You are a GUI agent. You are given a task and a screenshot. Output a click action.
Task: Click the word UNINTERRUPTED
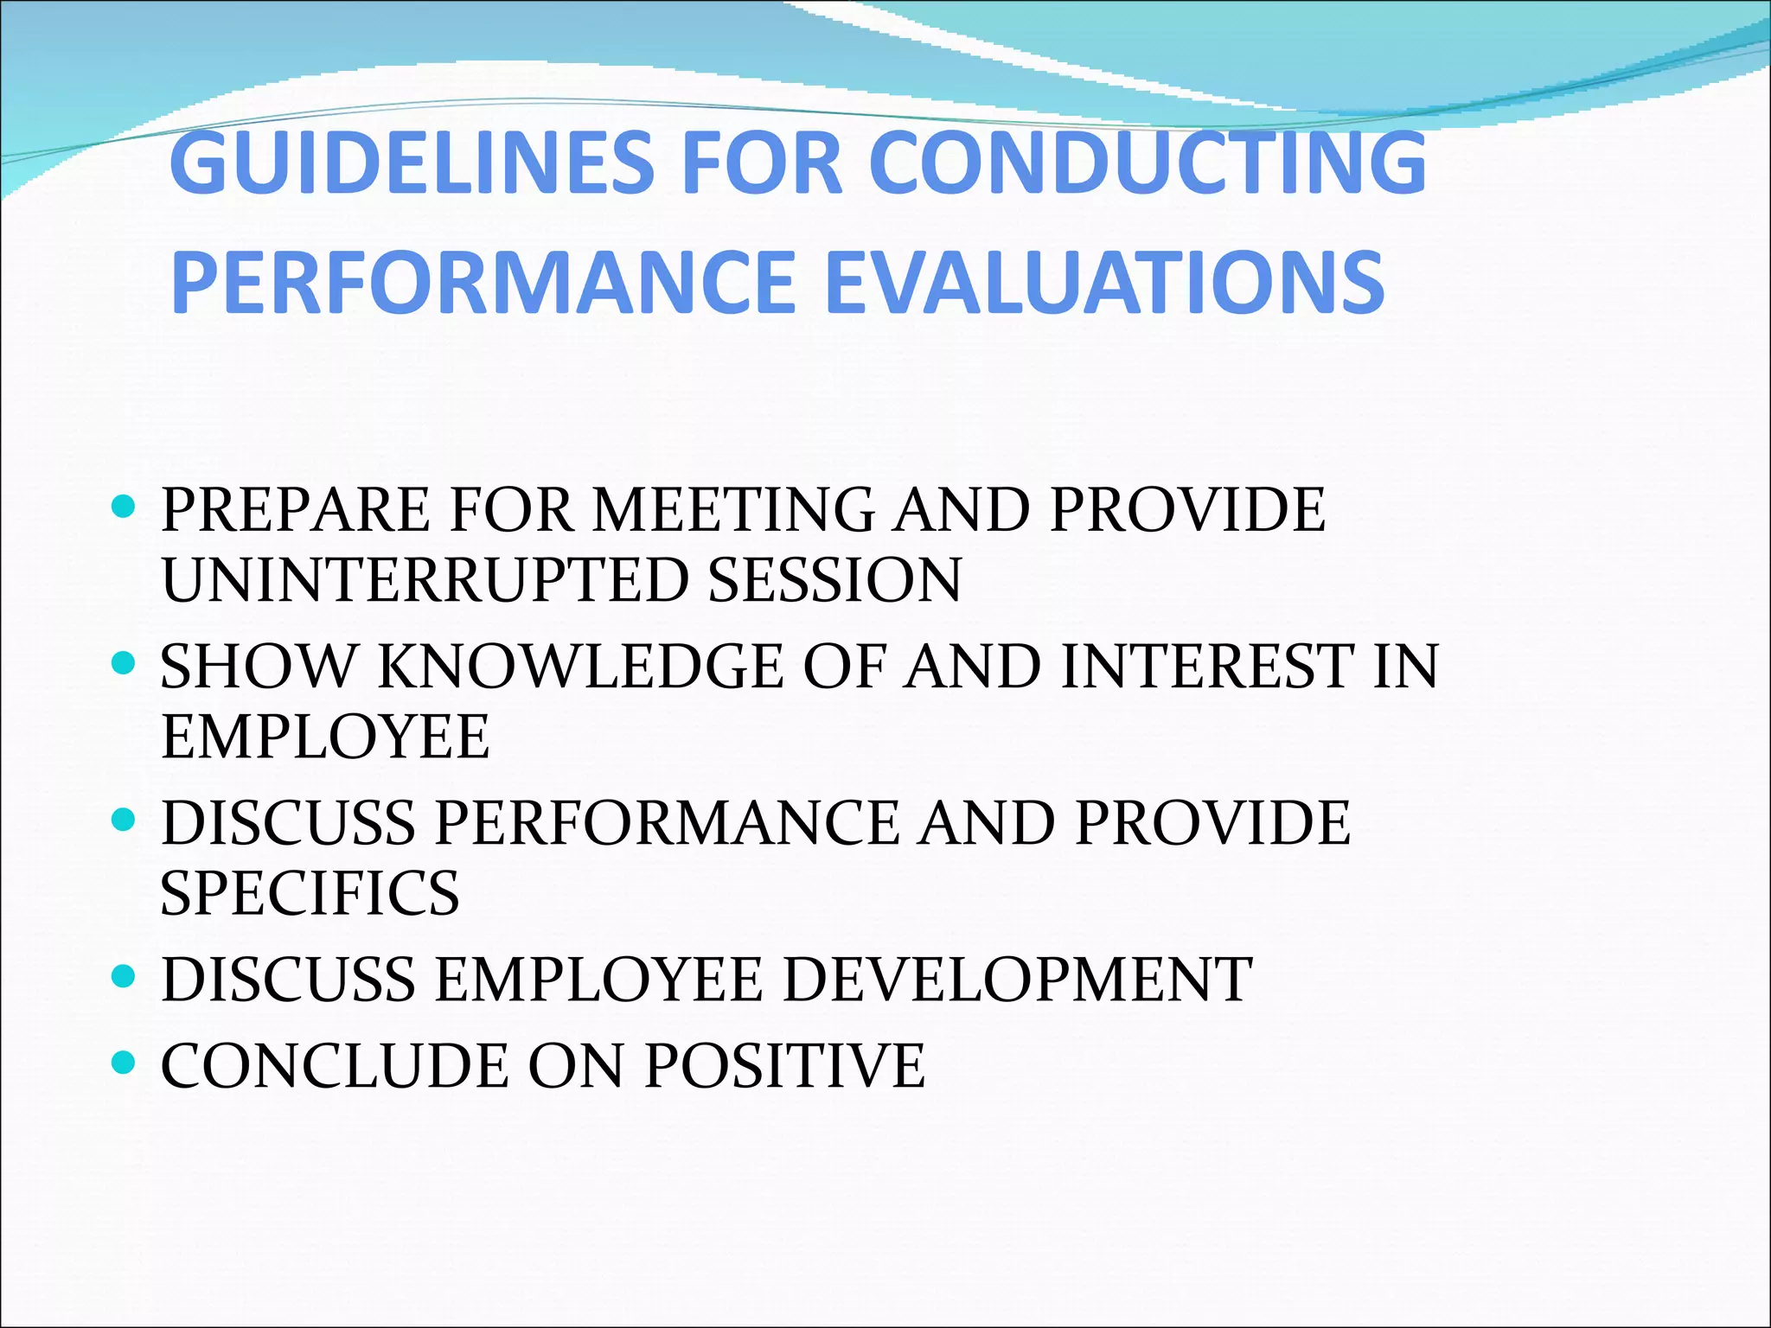coord(423,580)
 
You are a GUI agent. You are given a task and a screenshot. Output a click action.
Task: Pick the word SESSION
coord(834,580)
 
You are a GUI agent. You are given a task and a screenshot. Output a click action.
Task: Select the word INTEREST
coord(1207,667)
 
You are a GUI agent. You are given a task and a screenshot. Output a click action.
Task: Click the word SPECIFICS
coord(310,893)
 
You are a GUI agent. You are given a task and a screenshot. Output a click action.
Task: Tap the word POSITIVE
coord(784,1066)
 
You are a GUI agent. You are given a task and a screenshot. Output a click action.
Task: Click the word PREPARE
coord(295,509)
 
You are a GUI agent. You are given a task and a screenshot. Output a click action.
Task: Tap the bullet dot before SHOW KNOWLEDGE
coord(125,664)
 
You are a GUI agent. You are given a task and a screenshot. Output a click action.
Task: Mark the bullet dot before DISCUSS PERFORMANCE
coord(125,820)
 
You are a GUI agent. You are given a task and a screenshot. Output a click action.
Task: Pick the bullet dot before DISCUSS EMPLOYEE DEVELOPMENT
coord(125,977)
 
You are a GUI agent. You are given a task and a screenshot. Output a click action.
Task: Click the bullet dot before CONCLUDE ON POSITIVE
coord(125,1063)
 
